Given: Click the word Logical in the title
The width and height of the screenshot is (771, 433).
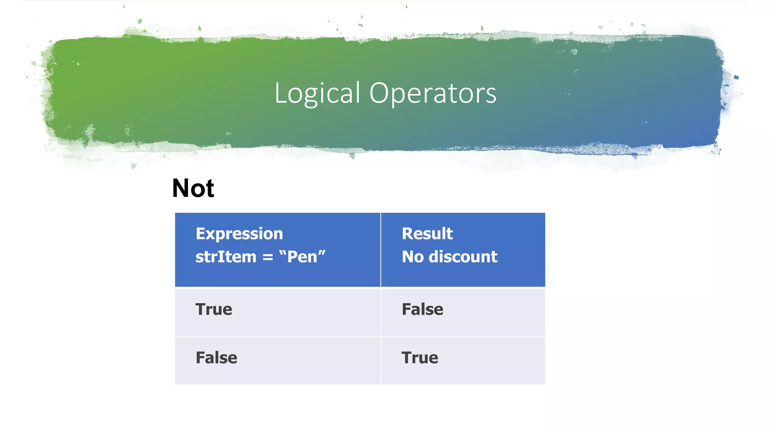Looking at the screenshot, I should coord(317,93).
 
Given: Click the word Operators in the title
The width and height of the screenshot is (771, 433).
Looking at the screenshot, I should coord(433,93).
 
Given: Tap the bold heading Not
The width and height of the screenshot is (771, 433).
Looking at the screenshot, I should coord(193,188).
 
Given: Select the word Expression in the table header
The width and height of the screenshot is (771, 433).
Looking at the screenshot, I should coord(239,234).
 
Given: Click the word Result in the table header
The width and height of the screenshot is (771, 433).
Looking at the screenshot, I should coord(427,234).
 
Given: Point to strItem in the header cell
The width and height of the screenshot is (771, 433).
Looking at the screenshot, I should coord(226,257).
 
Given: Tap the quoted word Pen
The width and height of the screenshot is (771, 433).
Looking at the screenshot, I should coord(302,257).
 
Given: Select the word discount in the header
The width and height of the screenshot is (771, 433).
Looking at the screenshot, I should coord(463,257).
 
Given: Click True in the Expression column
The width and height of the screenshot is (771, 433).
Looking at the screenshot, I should coord(213,310).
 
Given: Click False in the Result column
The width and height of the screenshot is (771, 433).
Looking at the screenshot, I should coord(422,310).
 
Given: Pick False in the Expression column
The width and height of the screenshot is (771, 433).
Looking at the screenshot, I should coord(216,358).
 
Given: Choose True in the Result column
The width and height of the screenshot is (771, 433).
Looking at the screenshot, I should coord(419,358).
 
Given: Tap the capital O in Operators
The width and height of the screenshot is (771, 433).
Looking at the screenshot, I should coord(378,93).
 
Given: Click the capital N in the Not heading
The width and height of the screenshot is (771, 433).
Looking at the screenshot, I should coord(181,188).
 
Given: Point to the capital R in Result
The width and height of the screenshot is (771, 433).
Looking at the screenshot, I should coord(407,234).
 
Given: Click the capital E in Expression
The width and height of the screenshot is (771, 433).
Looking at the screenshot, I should coord(200,234).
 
